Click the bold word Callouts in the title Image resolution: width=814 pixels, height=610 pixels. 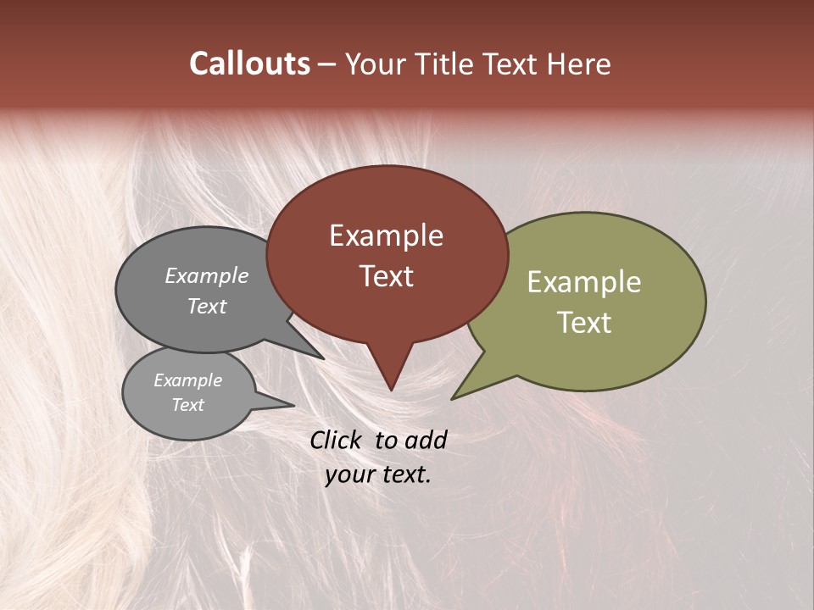(x=249, y=64)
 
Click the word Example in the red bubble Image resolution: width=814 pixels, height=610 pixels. (x=386, y=236)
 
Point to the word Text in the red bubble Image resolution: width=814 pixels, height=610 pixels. (x=386, y=276)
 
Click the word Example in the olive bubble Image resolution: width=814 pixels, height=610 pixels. (x=584, y=282)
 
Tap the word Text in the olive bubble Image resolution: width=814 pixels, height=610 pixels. (x=584, y=323)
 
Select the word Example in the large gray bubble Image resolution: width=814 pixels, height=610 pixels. (x=207, y=276)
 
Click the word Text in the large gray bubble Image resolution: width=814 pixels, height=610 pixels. (x=207, y=307)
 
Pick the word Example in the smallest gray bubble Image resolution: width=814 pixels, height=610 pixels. (x=188, y=380)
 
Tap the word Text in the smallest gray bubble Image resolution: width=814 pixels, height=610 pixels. (x=188, y=405)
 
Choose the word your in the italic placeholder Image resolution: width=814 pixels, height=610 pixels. (x=348, y=474)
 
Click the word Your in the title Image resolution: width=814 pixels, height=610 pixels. (x=376, y=64)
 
